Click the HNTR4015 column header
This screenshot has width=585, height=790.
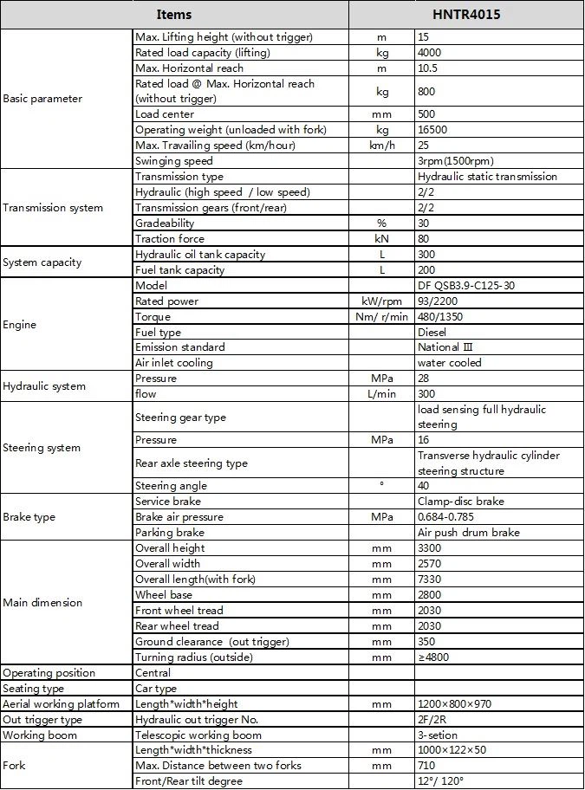(x=466, y=15)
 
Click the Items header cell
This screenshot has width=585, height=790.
(x=174, y=15)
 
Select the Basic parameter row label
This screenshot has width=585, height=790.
(x=42, y=99)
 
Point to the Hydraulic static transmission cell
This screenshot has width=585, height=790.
(x=487, y=177)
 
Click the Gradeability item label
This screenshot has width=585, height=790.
(x=165, y=223)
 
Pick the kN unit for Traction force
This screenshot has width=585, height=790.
(x=381, y=239)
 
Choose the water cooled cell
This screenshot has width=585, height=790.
(x=449, y=363)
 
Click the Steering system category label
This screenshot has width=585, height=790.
(x=42, y=448)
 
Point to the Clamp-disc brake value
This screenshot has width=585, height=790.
(x=460, y=502)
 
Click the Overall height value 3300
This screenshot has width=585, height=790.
(x=430, y=548)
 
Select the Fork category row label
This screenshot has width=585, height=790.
(x=16, y=766)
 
